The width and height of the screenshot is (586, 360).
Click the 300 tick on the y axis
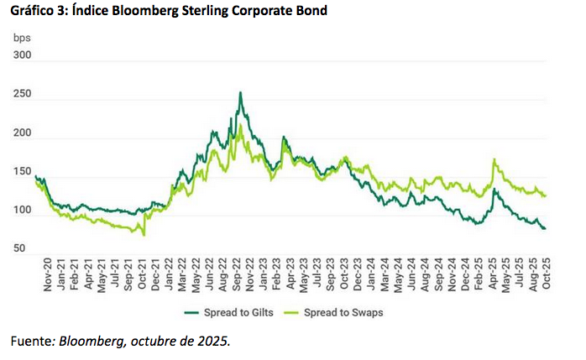tap(23, 55)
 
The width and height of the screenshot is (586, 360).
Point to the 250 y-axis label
tap(23, 95)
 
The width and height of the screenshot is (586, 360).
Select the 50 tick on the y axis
tap(25, 249)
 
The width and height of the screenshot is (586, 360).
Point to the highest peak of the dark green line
tap(241, 93)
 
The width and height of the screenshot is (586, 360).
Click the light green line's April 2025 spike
tap(494, 159)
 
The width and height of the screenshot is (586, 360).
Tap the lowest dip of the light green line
tap(144, 235)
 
